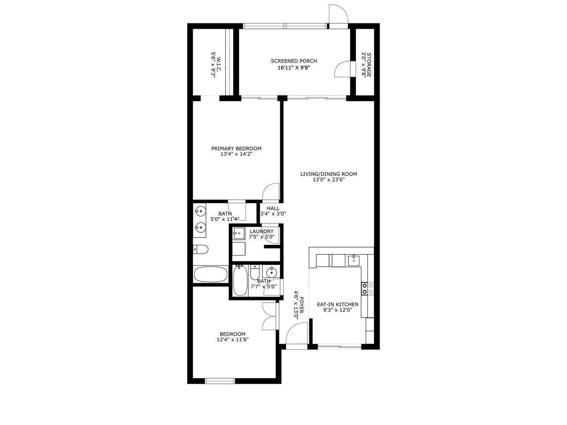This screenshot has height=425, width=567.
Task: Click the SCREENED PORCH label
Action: coord(293,61)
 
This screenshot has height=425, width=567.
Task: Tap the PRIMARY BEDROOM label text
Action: coord(236,149)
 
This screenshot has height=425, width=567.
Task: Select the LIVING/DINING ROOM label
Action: coord(328,174)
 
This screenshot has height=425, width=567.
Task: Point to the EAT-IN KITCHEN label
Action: coord(337,304)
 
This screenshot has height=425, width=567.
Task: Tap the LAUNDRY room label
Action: coord(261,232)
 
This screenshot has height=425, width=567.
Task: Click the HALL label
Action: coord(273,208)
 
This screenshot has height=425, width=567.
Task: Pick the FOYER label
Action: coord(302,305)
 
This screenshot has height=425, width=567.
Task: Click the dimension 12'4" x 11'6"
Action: coord(232,340)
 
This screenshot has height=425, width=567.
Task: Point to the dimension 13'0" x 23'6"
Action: coord(328,180)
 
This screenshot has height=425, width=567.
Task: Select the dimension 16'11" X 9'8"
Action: coord(293,68)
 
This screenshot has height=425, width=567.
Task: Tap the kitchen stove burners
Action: coord(368,289)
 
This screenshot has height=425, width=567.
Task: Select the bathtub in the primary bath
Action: coord(211,274)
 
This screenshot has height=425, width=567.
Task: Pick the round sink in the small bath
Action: coord(270,272)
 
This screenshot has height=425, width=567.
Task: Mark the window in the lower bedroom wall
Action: coord(220,381)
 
